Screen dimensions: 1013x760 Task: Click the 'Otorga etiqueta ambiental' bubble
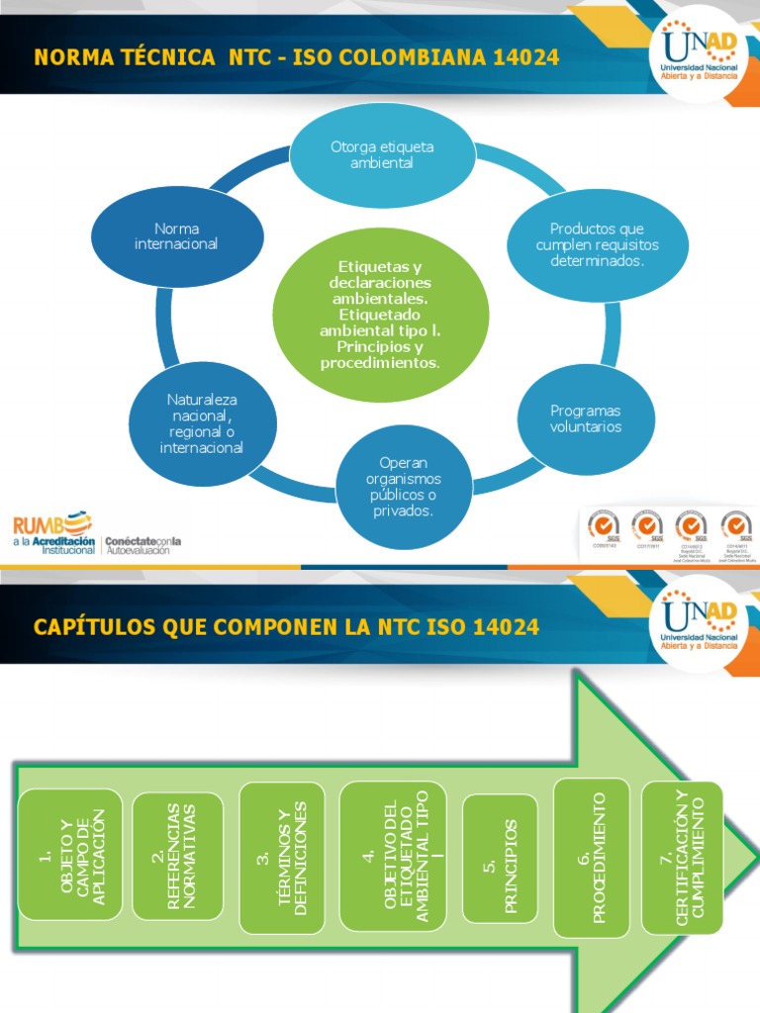pos(382,155)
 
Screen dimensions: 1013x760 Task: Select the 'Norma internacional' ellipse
pos(176,236)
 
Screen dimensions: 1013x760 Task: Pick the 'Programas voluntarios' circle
pos(587,418)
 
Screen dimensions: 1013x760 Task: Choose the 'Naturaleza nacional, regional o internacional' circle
pos(202,423)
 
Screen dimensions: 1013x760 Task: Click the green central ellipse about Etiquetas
pos(381,316)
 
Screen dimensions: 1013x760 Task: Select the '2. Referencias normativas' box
pos(177,856)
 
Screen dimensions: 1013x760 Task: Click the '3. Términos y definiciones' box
pos(282,858)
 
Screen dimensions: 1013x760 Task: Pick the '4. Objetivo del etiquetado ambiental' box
pos(393,856)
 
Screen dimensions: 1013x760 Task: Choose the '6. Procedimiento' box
pos(591,858)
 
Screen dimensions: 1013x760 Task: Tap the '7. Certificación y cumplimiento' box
pos(682,857)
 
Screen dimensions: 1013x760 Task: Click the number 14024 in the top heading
pos(522,56)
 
